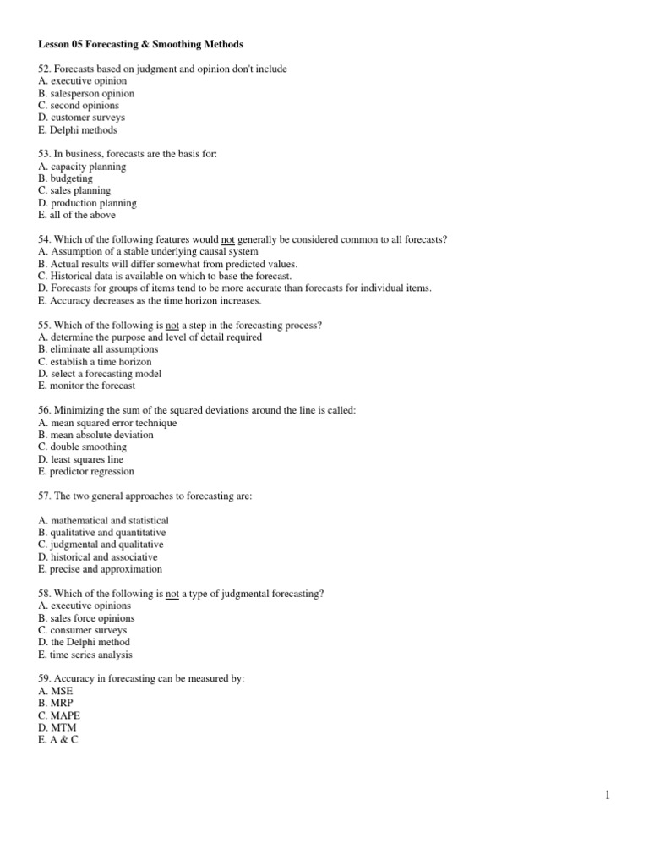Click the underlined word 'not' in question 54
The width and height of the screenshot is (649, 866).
pos(227,240)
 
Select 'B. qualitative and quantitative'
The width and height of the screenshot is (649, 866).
pos(101,533)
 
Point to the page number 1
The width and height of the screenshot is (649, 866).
pos(608,795)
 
